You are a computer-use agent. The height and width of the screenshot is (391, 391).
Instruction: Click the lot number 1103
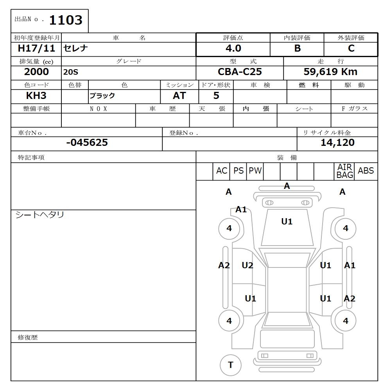coord(66,20)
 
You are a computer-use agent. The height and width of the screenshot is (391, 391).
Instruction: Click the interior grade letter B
coord(297,48)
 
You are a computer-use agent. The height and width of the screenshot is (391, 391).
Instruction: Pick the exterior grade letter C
coord(351,48)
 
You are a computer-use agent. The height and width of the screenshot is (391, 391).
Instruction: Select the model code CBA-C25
coord(240,72)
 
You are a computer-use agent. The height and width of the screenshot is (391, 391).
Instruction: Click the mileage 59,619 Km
coord(330,72)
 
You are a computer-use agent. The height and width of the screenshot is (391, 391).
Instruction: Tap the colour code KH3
coord(36,96)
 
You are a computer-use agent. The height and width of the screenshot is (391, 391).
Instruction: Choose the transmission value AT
coord(179,96)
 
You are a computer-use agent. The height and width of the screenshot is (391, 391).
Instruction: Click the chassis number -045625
coord(87,143)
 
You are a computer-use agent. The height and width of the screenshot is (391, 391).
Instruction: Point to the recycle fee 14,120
coord(337,143)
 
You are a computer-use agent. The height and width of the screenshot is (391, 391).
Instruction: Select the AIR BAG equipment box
coord(344,171)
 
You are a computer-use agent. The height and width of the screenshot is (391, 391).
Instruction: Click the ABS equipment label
coord(366,171)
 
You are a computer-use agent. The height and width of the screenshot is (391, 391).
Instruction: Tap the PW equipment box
coord(255,171)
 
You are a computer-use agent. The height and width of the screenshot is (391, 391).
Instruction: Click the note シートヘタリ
coord(39,215)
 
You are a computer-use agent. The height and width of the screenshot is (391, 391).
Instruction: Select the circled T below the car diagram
coord(230,365)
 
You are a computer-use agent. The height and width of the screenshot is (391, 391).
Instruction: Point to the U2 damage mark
coord(247,265)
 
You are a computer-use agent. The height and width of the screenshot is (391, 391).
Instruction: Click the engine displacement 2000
coord(36,72)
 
